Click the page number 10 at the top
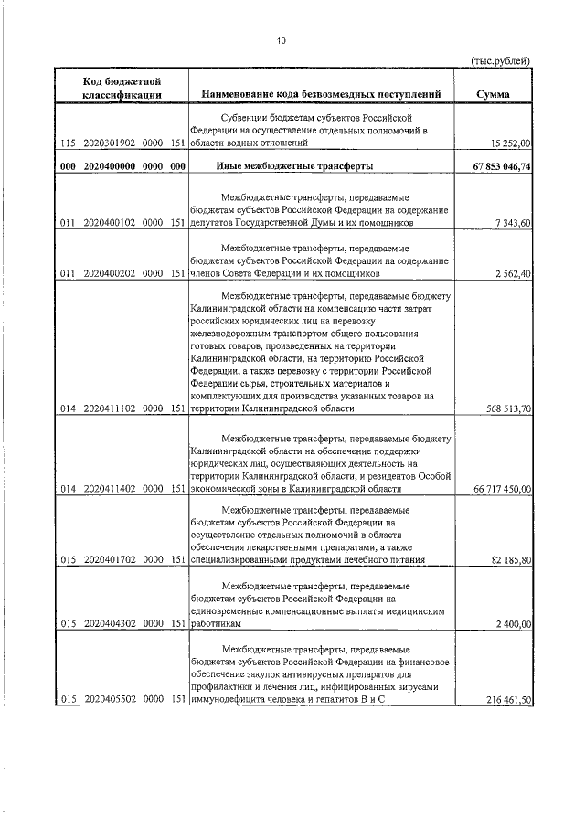(x=282, y=41)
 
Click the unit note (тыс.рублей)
(x=500, y=60)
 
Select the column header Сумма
(x=494, y=93)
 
